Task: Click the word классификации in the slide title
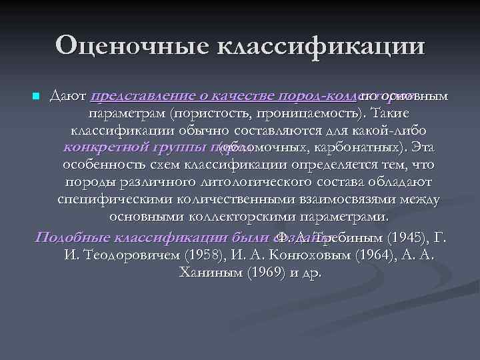coord(318,47)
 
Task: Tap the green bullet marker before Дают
coord(36,97)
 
